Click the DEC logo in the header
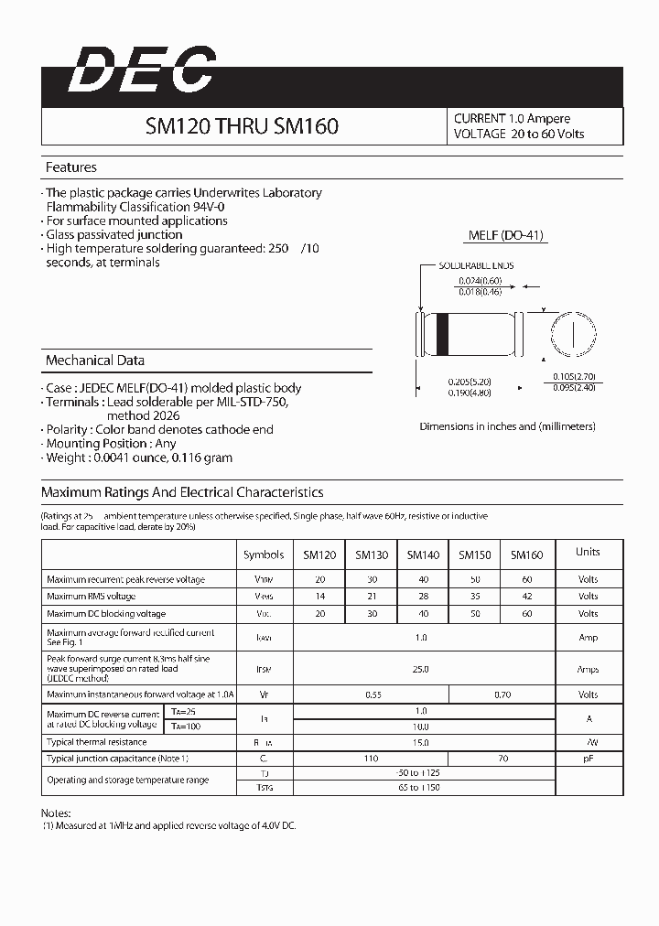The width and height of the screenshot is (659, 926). (x=142, y=70)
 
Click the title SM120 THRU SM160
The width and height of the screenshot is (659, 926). (x=242, y=126)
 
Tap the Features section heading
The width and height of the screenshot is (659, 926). (x=71, y=167)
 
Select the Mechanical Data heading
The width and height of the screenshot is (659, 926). (x=95, y=361)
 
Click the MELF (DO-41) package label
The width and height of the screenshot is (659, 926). (x=506, y=235)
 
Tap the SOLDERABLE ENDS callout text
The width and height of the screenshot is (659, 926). (x=475, y=265)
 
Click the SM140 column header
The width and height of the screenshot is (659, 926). (x=423, y=555)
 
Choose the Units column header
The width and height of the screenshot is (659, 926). (x=588, y=552)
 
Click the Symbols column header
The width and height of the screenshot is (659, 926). (x=264, y=555)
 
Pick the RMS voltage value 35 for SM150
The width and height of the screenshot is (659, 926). (x=475, y=597)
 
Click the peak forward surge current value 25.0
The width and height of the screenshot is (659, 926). (x=420, y=669)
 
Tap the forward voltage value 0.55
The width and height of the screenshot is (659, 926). (x=373, y=695)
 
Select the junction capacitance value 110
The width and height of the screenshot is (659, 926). (x=371, y=759)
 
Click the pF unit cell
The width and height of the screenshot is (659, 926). (x=588, y=759)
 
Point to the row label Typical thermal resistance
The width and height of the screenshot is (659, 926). (x=97, y=742)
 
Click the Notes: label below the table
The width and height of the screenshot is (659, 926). (x=57, y=813)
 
